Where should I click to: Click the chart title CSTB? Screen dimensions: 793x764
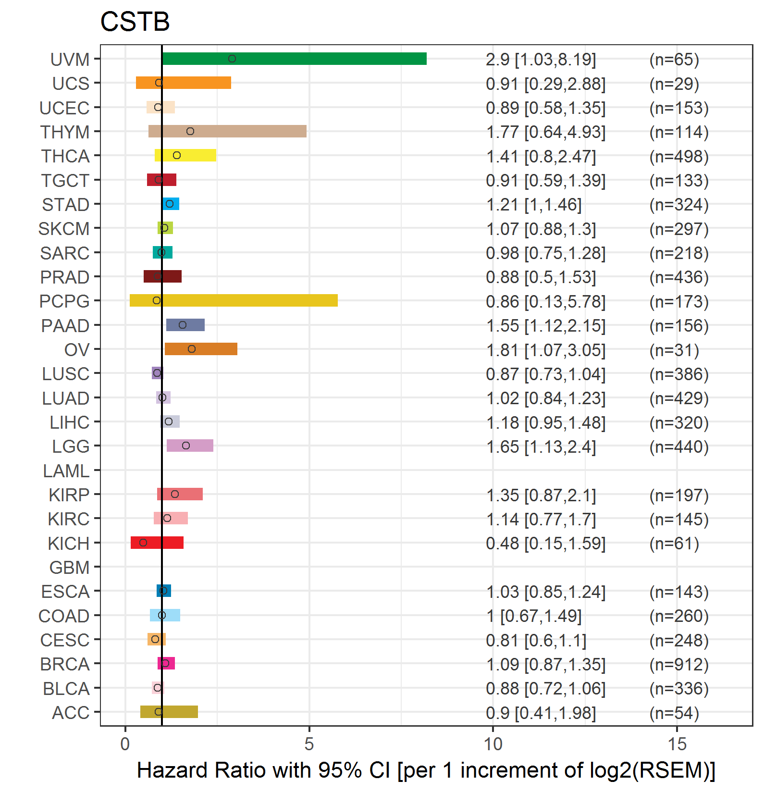click(135, 22)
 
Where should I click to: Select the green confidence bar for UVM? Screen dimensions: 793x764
click(294, 59)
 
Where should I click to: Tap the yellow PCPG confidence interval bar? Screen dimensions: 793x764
click(234, 300)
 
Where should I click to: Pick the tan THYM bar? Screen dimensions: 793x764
click(227, 131)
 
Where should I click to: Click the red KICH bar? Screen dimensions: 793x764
click(157, 543)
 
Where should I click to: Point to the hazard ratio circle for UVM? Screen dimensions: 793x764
click(232, 59)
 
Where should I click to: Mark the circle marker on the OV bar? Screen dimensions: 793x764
click(192, 349)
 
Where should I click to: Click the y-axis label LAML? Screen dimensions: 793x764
click(66, 471)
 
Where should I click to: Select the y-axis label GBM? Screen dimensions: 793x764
click(70, 568)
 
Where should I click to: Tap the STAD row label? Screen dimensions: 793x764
click(66, 205)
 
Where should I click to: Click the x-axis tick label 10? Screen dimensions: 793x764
click(493, 744)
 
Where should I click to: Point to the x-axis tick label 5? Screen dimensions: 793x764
click(309, 744)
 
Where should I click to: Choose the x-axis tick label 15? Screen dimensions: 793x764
click(677, 744)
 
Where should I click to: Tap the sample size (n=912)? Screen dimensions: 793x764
click(679, 664)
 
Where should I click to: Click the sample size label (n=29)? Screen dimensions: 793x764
click(674, 84)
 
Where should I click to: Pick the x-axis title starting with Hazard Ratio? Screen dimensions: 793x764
click(426, 770)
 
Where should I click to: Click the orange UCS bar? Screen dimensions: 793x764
click(184, 83)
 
